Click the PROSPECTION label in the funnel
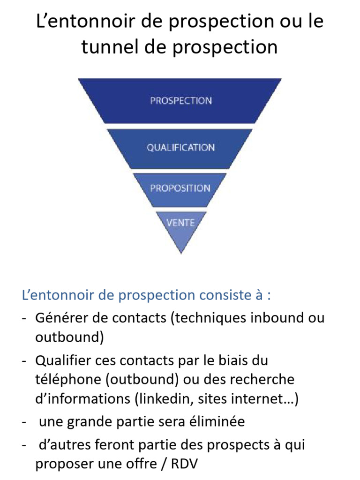(x=181, y=101)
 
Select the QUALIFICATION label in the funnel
(x=180, y=148)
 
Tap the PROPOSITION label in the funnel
(x=180, y=188)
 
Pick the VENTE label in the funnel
(x=180, y=223)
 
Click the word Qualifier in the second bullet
(x=63, y=360)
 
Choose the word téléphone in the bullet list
(x=68, y=380)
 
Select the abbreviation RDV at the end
(x=184, y=464)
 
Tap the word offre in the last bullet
(x=140, y=464)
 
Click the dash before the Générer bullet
(x=24, y=319)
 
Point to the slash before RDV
(x=164, y=464)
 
